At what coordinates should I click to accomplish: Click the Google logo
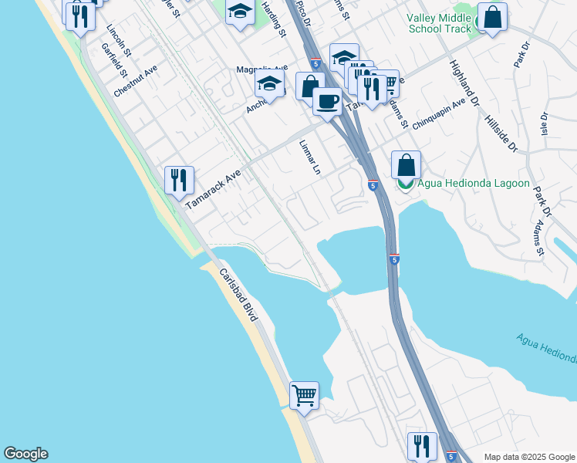click(x=25, y=454)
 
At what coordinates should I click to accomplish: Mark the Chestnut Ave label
click(x=135, y=80)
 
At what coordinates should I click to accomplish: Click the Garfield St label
click(x=113, y=60)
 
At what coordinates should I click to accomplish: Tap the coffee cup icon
click(x=328, y=100)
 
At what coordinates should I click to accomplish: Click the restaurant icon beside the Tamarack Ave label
click(x=179, y=181)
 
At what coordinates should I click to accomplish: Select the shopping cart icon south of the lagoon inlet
click(x=305, y=395)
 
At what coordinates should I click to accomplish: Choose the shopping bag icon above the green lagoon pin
click(x=406, y=164)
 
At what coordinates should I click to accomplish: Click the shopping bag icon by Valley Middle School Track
click(x=492, y=17)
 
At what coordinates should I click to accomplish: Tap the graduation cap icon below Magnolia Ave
click(x=270, y=86)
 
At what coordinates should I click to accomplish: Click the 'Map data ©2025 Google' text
click(x=528, y=457)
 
